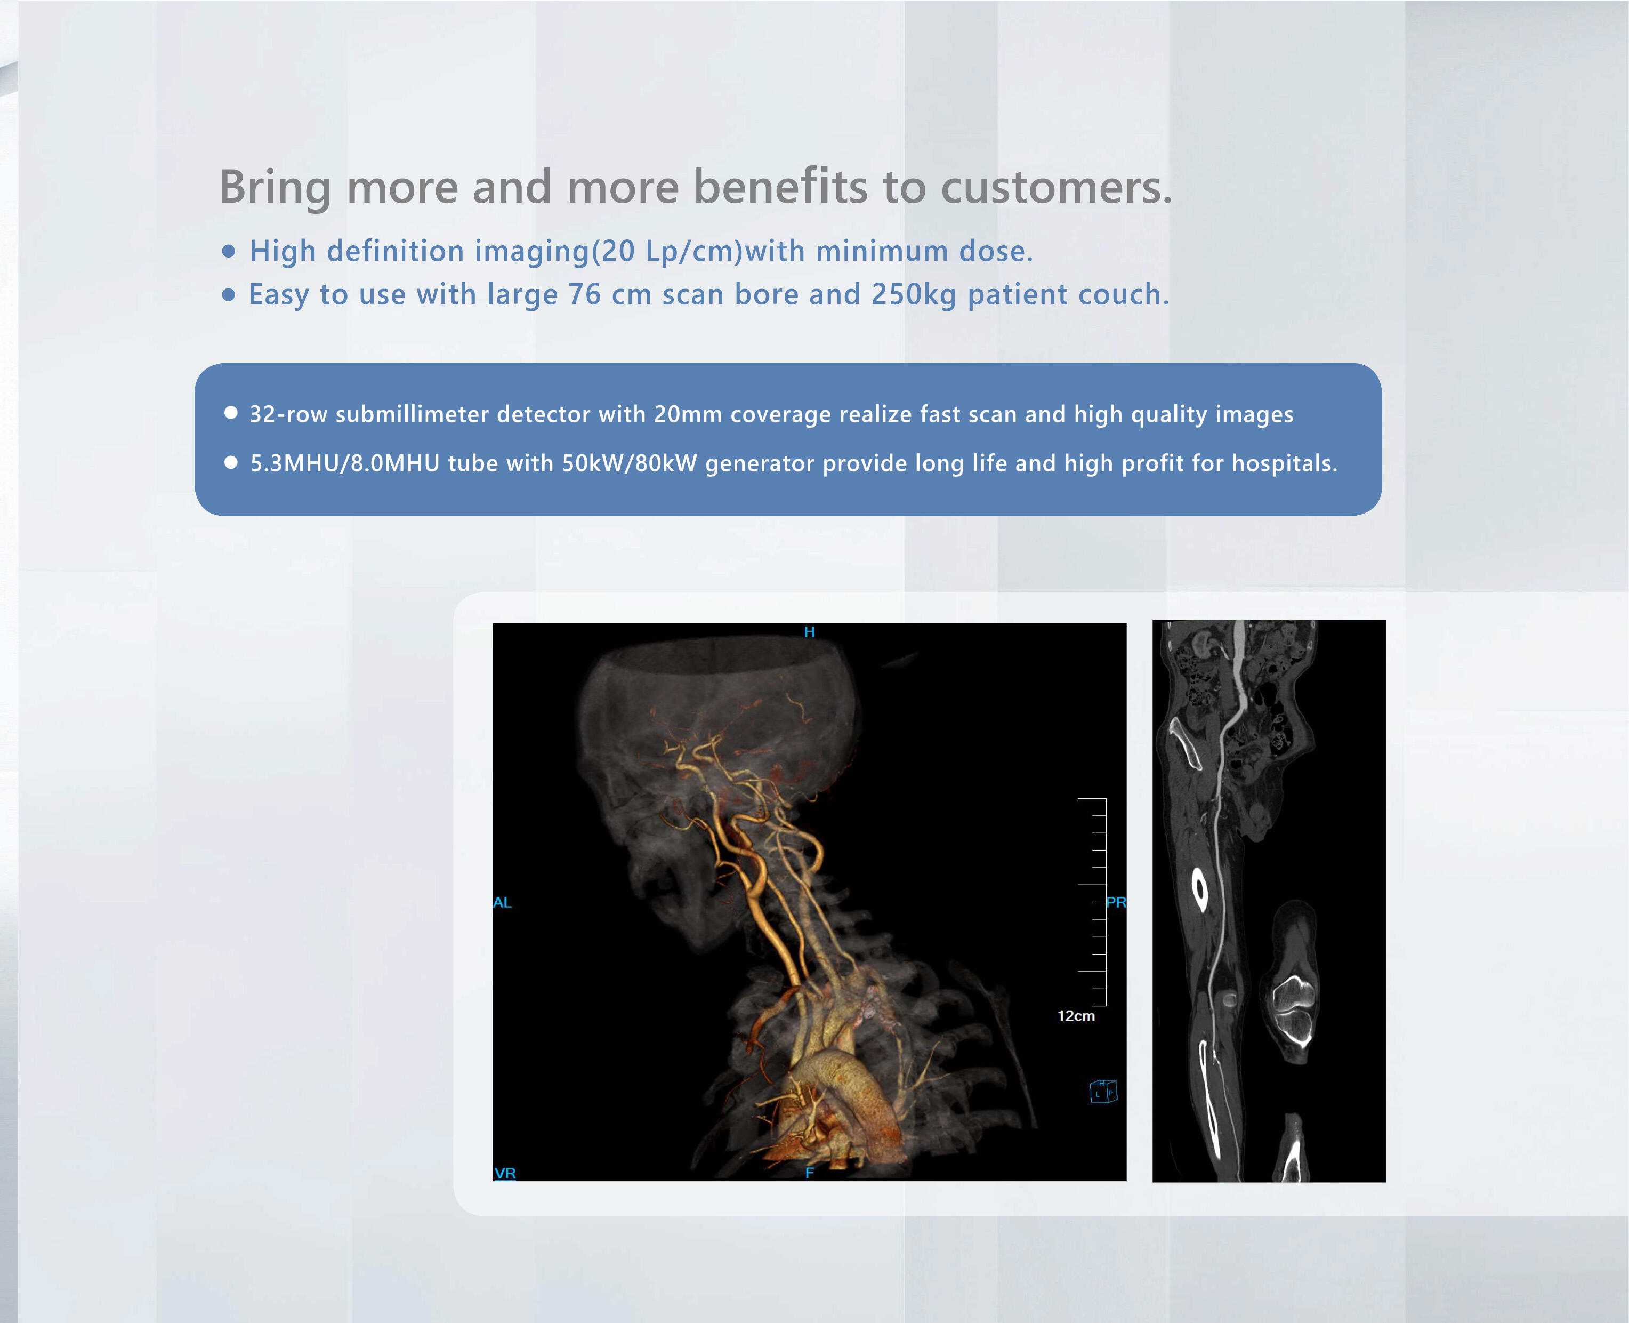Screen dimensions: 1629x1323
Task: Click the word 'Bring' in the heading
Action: coord(275,188)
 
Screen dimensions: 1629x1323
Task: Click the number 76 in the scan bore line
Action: coord(584,294)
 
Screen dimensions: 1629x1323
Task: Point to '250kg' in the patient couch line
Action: coord(914,295)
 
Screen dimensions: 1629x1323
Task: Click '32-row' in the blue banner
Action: coord(288,414)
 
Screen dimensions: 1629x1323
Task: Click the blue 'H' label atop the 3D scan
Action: coord(809,632)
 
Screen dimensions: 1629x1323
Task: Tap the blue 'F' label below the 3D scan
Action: coord(809,1172)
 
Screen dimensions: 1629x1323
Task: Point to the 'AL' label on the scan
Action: coord(502,902)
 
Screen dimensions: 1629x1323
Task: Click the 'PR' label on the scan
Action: coord(1116,902)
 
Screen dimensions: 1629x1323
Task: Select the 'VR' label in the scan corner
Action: coord(505,1173)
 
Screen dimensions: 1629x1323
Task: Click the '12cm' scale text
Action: coord(1076,1016)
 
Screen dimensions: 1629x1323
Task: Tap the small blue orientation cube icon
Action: coord(1103,1092)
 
